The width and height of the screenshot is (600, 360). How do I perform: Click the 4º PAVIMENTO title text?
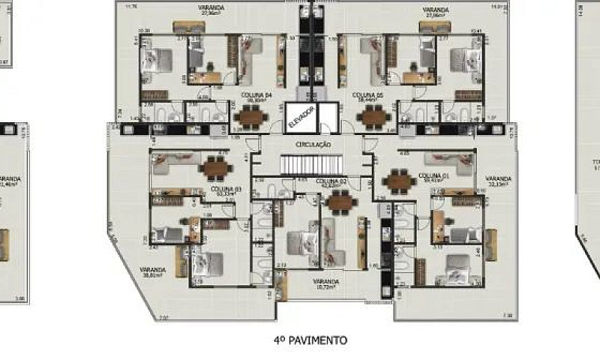pos(310,340)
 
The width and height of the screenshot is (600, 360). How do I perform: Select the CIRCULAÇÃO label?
pos(313,143)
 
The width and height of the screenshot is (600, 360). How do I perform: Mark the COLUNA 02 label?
pos(331,181)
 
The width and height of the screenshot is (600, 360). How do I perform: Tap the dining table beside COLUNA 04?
pos(249,116)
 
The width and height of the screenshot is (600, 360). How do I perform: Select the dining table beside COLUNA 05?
pos(373,116)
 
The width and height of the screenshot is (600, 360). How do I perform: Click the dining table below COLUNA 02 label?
pos(340,200)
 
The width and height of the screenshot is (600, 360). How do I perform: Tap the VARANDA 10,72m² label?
pos(325,283)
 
